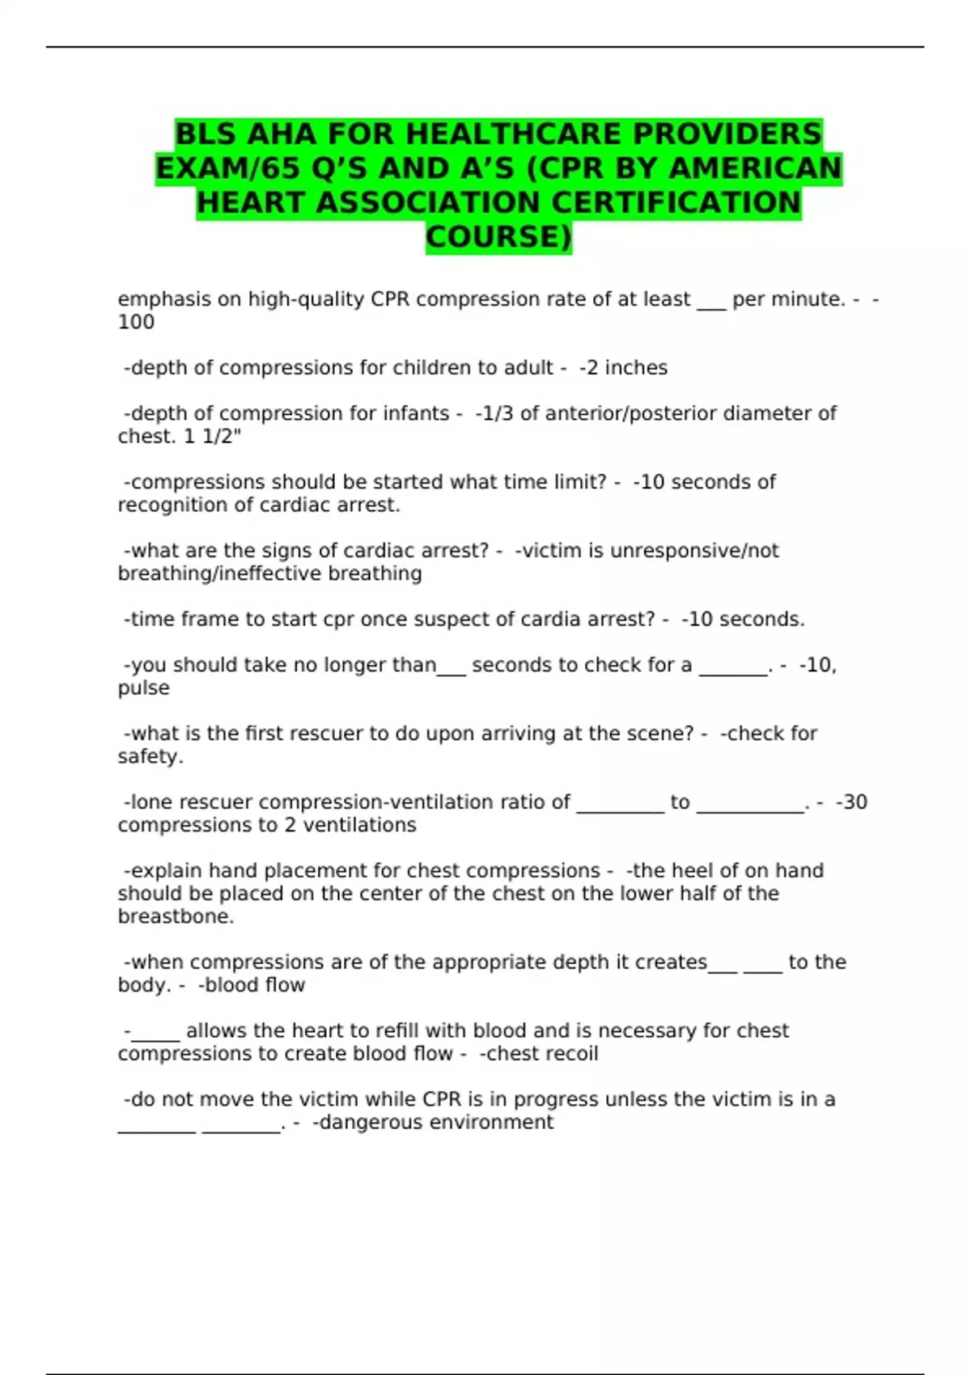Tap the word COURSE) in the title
coord(498,237)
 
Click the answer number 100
coord(136,322)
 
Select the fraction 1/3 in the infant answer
coord(497,413)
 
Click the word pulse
coord(143,688)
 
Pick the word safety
coord(149,757)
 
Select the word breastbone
coord(174,916)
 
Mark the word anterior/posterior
coord(630,413)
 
